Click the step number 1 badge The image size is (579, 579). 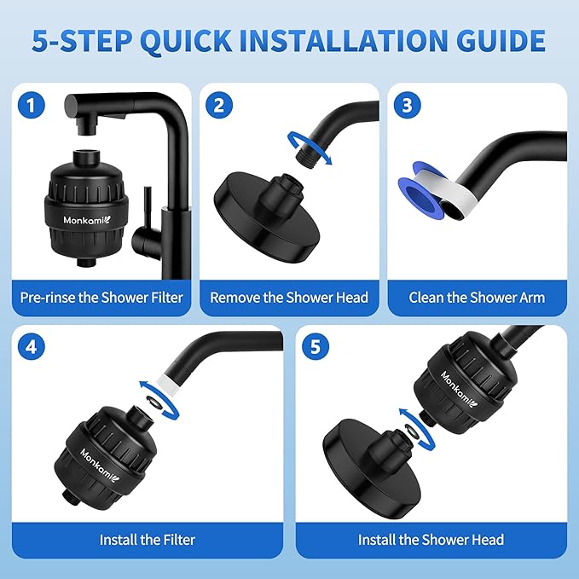pos(32,106)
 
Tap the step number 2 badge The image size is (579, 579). pos(219,106)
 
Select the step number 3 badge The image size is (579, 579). pos(407,106)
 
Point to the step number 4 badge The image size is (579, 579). pos(32,348)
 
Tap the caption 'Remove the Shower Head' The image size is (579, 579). pos(289,298)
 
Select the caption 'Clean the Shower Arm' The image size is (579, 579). pos(477,298)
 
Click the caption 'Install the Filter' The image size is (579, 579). pos(148,539)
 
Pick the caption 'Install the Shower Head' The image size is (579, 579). pos(431,539)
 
